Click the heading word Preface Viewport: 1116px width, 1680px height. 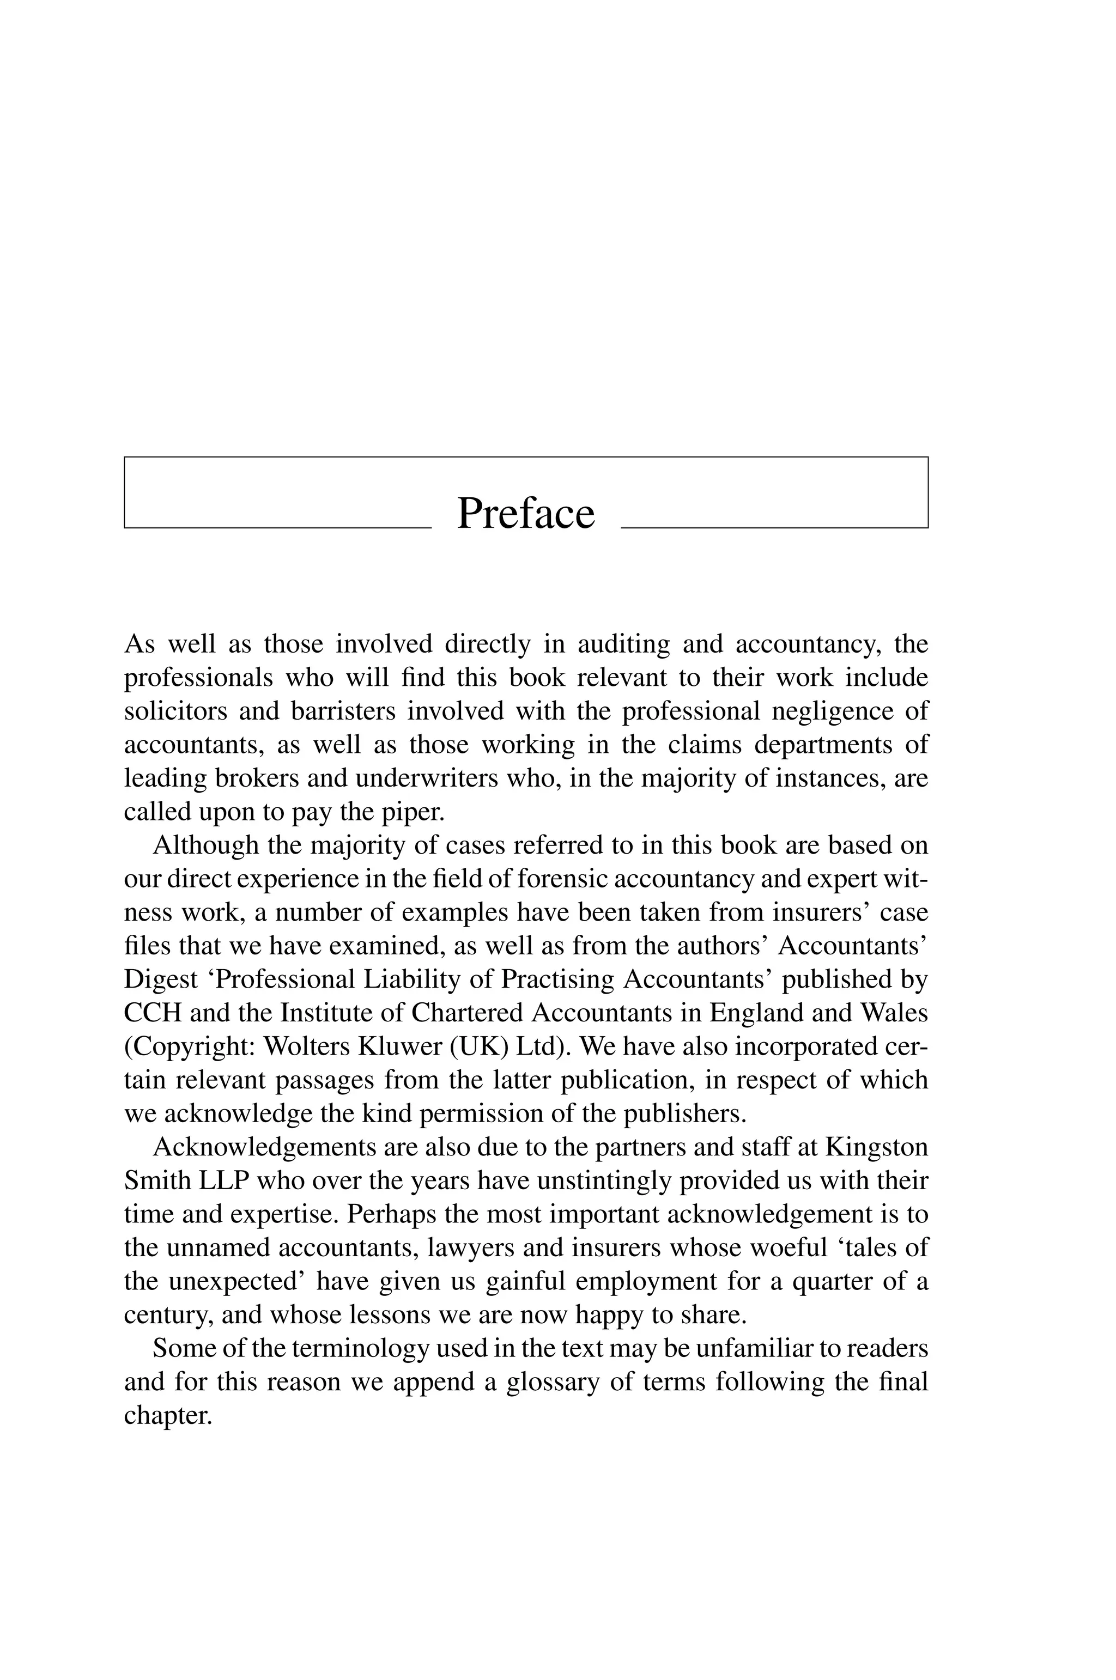(525, 513)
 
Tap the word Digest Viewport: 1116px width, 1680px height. (160, 980)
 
